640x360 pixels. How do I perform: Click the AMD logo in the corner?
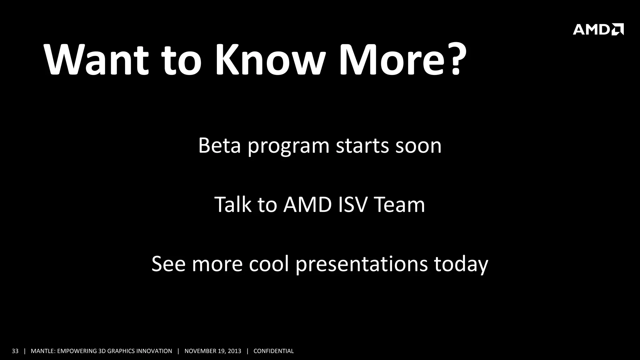(x=598, y=29)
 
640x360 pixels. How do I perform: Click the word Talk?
(x=233, y=205)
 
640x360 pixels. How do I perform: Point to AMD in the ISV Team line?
(x=307, y=205)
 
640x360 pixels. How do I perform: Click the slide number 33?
(x=15, y=351)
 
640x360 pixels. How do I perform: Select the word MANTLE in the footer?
(x=42, y=351)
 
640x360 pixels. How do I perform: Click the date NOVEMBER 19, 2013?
(x=213, y=351)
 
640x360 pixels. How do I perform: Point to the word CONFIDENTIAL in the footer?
(x=273, y=351)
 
